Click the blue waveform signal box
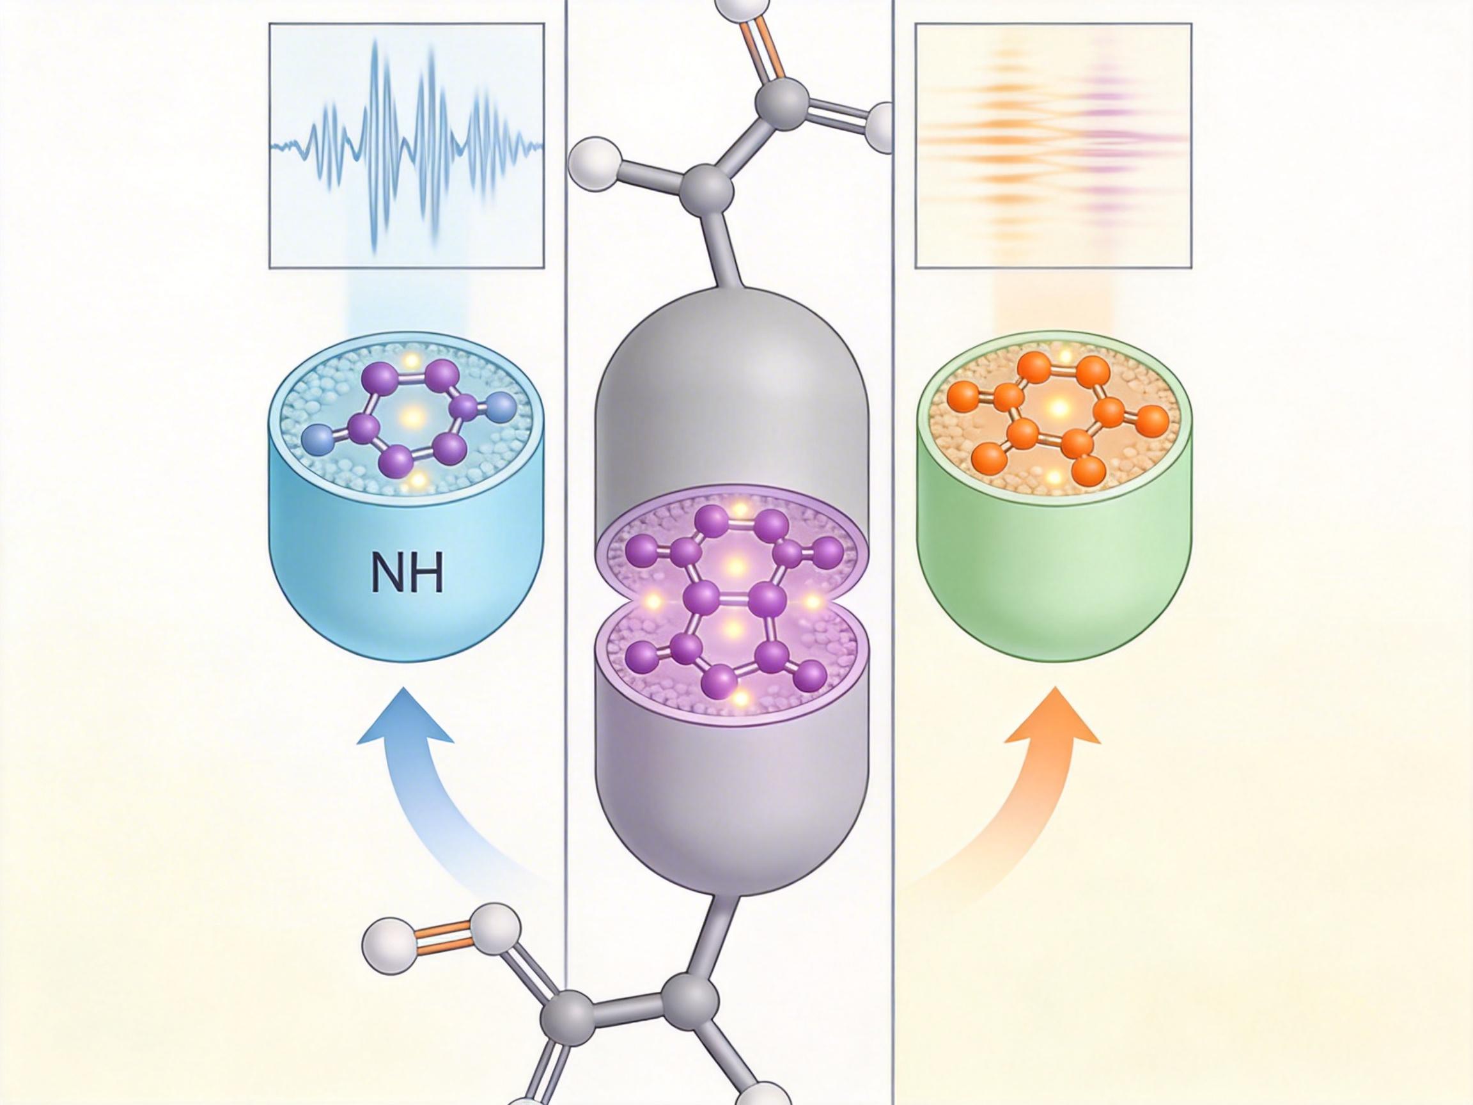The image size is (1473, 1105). pyautogui.click(x=407, y=146)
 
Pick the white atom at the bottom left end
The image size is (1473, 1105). pyautogui.click(x=386, y=946)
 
